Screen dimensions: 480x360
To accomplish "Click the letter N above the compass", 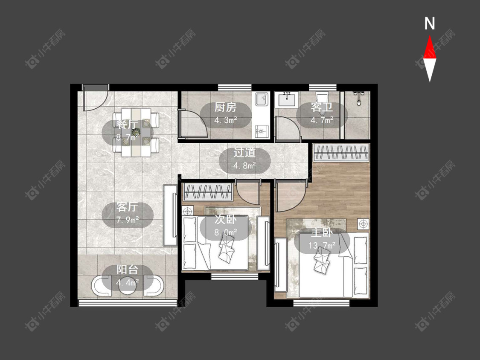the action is coord(430,23).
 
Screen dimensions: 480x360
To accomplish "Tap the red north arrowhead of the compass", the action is coord(430,47).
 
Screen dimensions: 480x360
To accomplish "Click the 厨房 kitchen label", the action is coord(225,107).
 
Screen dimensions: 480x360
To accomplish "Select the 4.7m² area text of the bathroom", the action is coord(322,120).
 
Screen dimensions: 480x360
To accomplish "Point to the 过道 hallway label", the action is coord(244,152).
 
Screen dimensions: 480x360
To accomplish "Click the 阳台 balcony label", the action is coord(127,270).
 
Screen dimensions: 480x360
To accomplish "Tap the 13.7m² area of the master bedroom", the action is coord(322,245).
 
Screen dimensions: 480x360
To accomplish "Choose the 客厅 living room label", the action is coord(127,207).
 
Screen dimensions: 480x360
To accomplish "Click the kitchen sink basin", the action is coord(262,99).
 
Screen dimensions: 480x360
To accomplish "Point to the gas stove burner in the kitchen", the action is coord(262,131).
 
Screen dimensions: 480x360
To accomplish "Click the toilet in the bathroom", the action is coord(322,98).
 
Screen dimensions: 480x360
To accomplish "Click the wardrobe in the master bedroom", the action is coord(341,152).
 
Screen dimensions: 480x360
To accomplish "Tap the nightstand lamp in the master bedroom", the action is coord(364,224).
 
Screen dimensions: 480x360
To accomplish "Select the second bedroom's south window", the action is coord(235,276).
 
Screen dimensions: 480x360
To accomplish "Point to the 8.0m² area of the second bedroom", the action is coord(226,232).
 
